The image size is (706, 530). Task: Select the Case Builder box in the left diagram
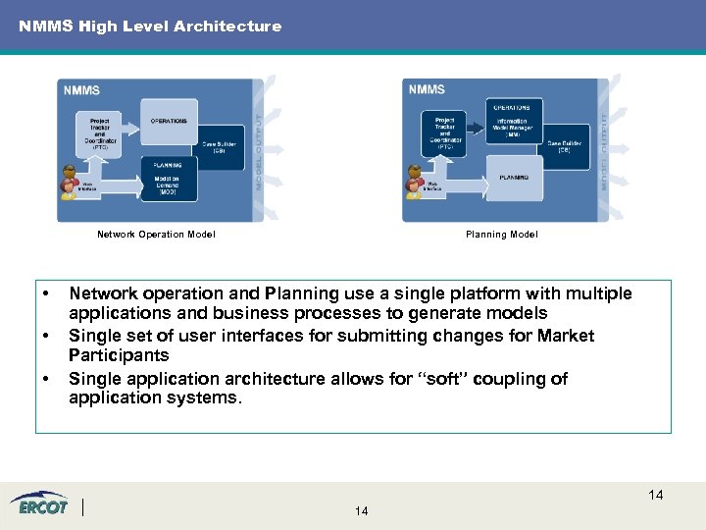tap(221, 147)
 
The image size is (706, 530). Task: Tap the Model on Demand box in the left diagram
tap(169, 181)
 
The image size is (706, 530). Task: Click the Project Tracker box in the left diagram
tap(100, 131)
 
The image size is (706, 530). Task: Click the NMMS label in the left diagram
tap(82, 90)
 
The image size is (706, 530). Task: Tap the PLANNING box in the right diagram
tap(515, 178)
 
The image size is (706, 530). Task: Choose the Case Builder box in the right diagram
tap(565, 145)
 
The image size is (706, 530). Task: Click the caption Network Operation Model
tap(156, 235)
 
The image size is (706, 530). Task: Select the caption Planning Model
tap(501, 235)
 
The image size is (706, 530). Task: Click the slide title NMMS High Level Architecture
tap(150, 26)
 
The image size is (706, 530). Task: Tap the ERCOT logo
tap(40, 504)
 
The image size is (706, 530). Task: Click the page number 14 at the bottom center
tap(361, 511)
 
